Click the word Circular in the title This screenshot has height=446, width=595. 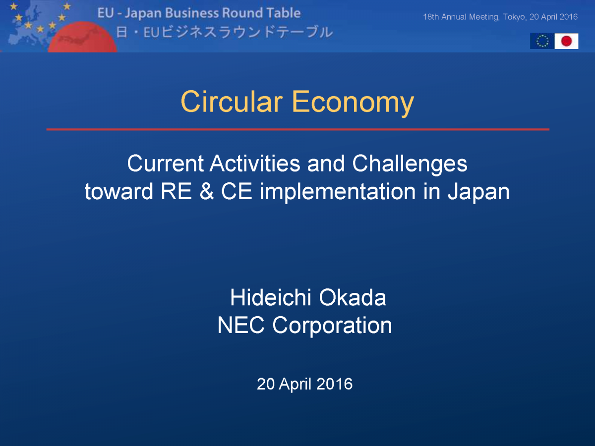(232, 102)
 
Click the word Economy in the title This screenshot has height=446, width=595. (353, 104)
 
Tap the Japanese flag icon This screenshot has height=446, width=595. (566, 41)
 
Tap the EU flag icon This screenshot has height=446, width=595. (542, 41)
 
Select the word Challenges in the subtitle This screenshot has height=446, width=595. (410, 164)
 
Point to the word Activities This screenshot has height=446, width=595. (255, 164)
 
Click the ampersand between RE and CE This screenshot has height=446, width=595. (207, 191)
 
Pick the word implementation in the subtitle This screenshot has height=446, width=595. (338, 193)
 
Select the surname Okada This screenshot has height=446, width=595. (353, 297)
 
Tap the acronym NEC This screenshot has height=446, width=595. (241, 325)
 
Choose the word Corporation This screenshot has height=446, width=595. (332, 326)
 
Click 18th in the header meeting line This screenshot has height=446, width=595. (431, 17)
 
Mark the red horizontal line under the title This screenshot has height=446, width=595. (297, 129)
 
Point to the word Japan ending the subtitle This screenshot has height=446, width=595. (478, 193)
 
